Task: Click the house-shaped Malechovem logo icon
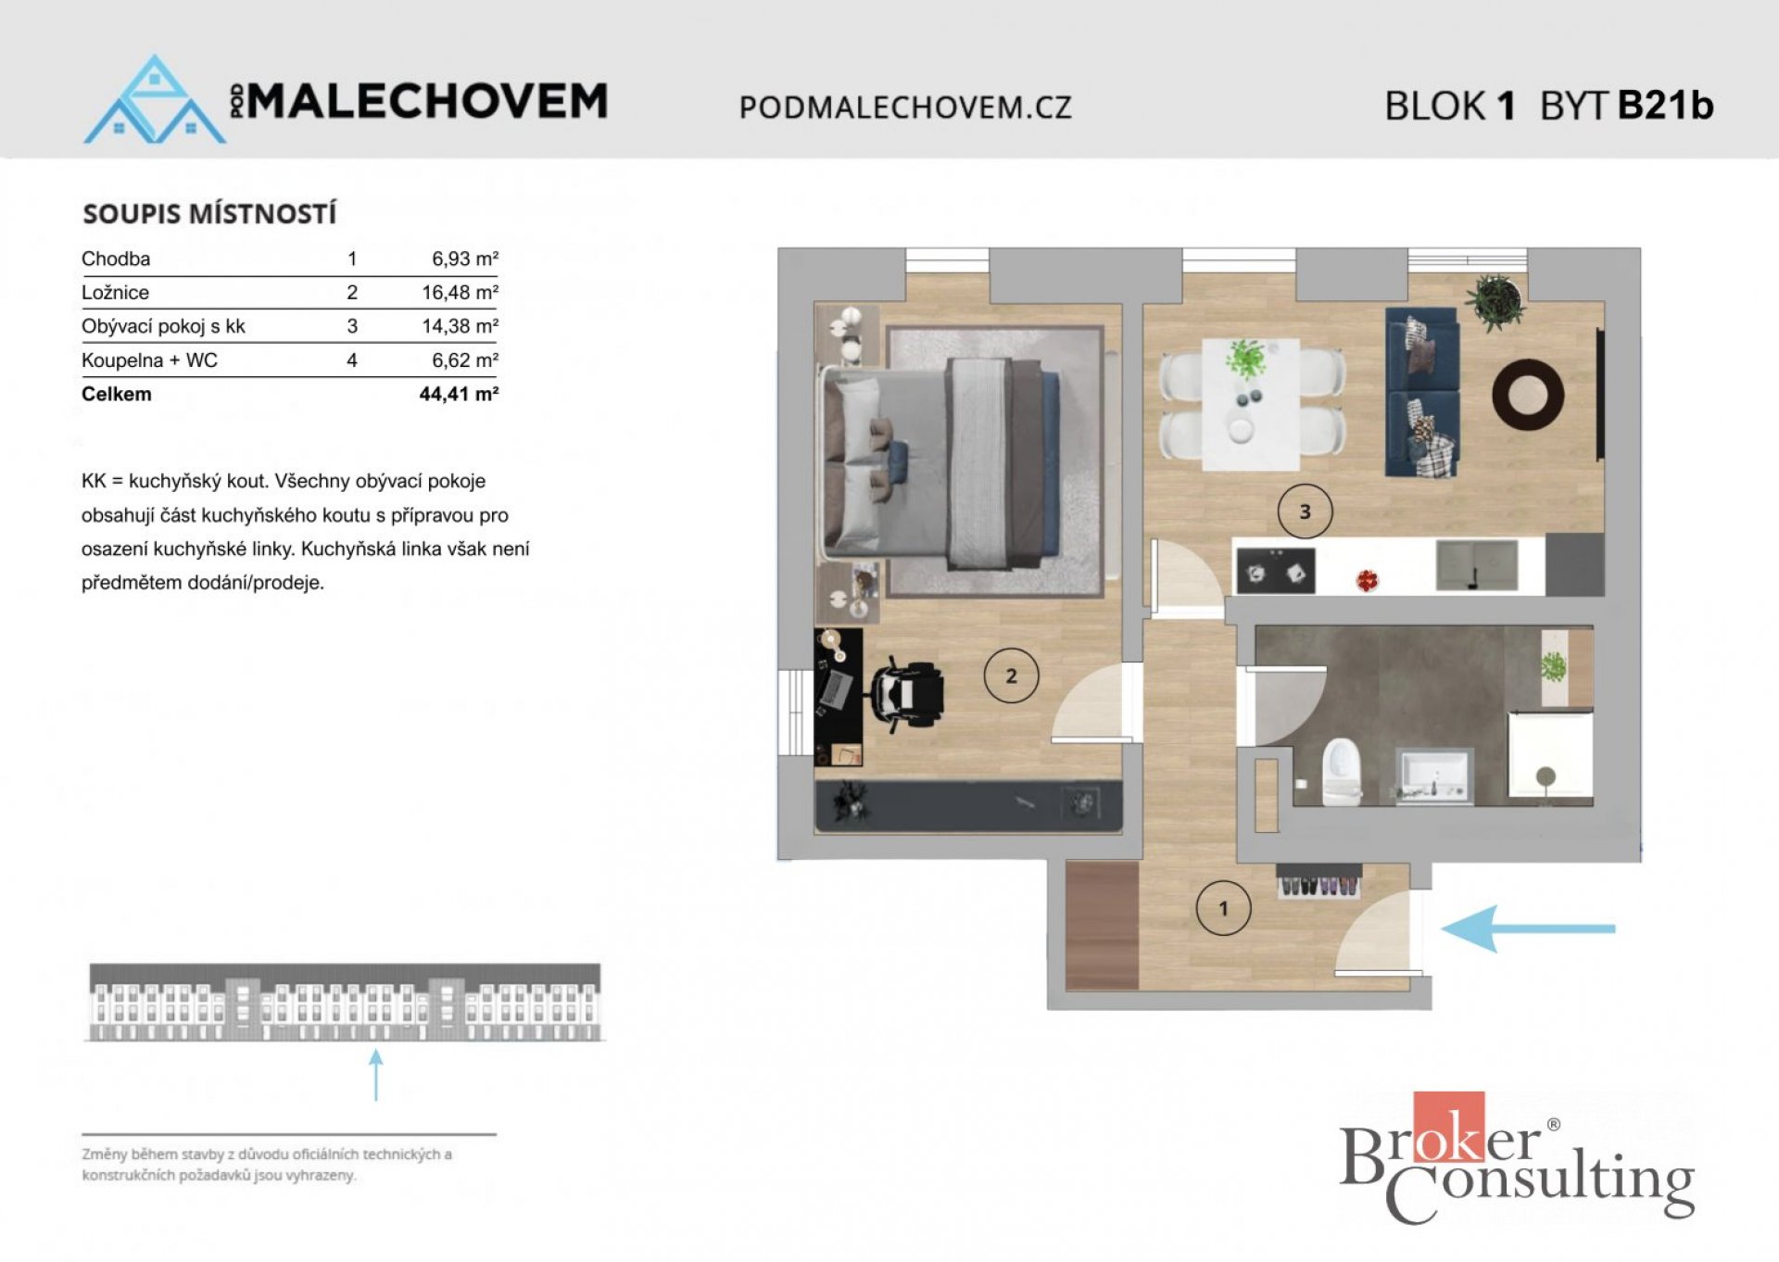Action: click(x=155, y=102)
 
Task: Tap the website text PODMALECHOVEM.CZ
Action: click(x=904, y=107)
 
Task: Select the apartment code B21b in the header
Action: click(x=1665, y=106)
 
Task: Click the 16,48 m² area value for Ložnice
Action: click(x=460, y=293)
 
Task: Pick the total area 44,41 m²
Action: click(x=459, y=394)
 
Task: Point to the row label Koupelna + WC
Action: click(x=149, y=360)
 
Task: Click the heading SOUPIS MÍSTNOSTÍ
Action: click(x=209, y=214)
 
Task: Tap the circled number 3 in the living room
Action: click(x=1305, y=511)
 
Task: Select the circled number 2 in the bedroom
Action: click(x=1011, y=676)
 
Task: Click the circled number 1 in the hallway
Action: click(x=1223, y=908)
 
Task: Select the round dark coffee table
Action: click(x=1527, y=395)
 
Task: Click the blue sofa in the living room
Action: click(x=1422, y=393)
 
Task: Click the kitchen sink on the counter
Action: click(x=1477, y=566)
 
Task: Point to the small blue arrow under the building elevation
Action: click(x=375, y=1074)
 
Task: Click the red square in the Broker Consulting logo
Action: click(x=1448, y=1126)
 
